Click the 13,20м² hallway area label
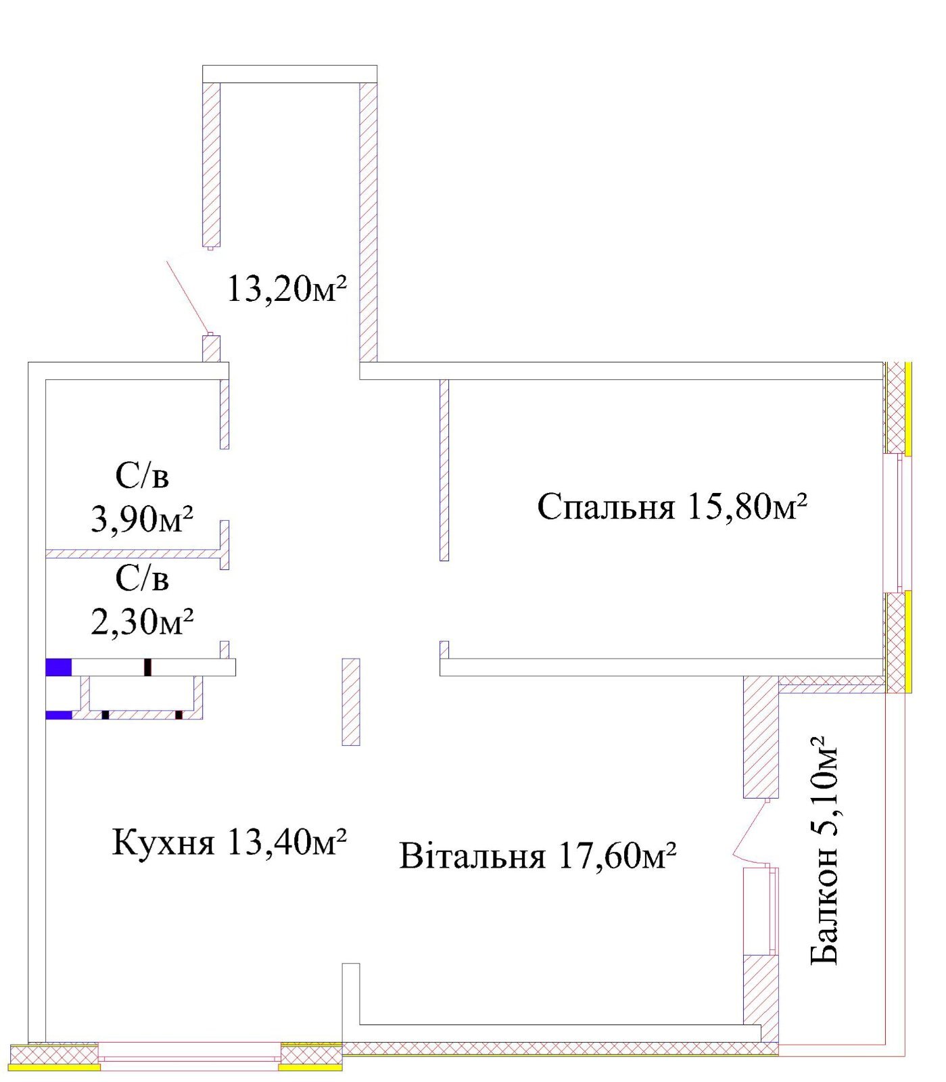(x=287, y=289)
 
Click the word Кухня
(x=163, y=843)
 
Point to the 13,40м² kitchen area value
(x=287, y=841)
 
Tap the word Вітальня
(x=472, y=855)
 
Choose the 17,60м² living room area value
(x=617, y=855)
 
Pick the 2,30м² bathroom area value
(x=142, y=620)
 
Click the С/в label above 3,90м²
(x=142, y=475)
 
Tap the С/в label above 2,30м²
(x=142, y=578)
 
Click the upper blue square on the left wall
(x=59, y=667)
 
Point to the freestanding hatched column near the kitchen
(x=351, y=702)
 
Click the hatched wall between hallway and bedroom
(x=444, y=470)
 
